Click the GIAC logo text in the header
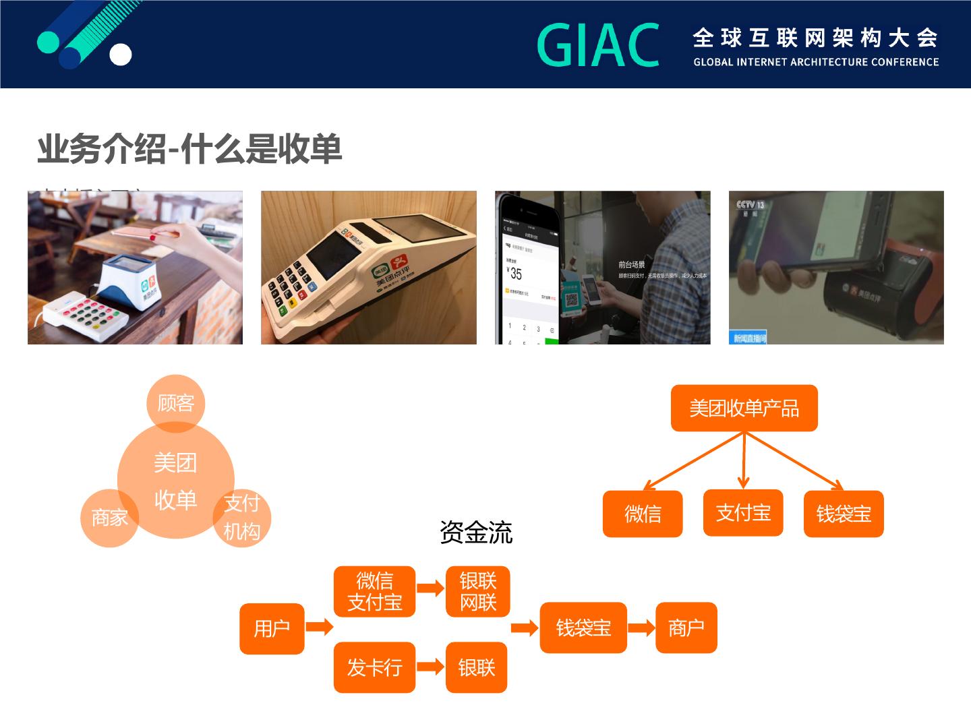pos(598,45)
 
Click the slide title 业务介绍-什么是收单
pos(189,149)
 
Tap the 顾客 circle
pos(175,403)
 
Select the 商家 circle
pos(109,518)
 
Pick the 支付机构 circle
pos(242,518)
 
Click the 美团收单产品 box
pos(744,408)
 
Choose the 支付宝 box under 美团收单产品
pos(742,513)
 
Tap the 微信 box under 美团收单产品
pos(642,514)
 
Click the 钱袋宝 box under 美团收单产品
pos(843,514)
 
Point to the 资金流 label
pos(475,533)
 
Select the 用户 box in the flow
pos(272,628)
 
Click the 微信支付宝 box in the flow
pos(374,591)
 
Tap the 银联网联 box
pos(477,591)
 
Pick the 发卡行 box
pos(374,667)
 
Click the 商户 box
pos(686,628)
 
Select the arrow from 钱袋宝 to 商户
pos(641,628)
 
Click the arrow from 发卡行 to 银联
pos(430,667)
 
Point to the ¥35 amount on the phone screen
pos(514,274)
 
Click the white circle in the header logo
pos(121,55)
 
